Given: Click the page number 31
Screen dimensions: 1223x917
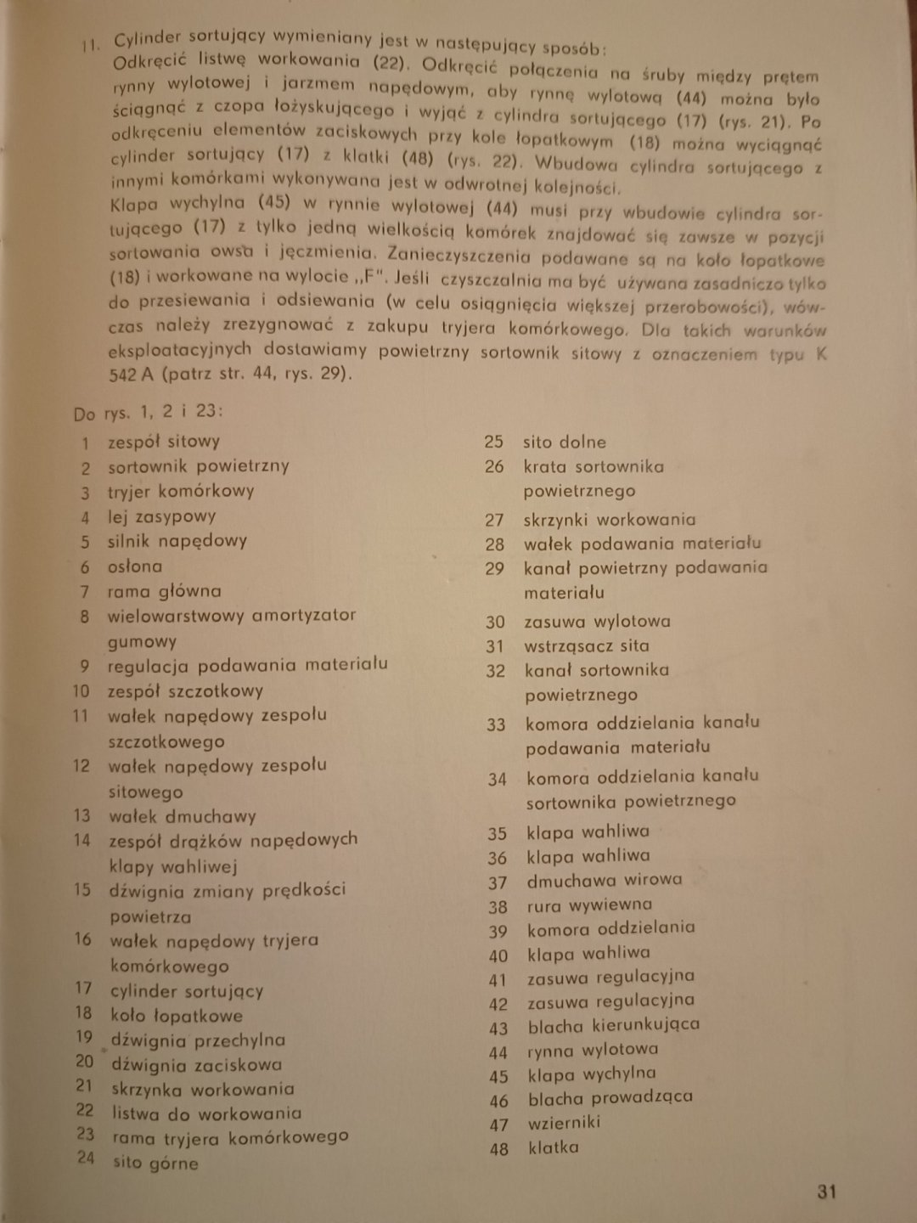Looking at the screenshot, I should tap(827, 1191).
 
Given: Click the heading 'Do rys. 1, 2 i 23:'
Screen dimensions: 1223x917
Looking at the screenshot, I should tap(148, 413).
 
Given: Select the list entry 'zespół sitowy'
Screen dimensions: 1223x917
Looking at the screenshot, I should tap(163, 441).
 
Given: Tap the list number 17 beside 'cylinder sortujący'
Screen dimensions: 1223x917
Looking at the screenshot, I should tap(82, 988).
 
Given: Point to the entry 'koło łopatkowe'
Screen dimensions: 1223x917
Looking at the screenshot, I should tap(177, 1015).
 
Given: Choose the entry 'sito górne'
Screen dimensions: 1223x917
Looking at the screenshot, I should tap(155, 1163).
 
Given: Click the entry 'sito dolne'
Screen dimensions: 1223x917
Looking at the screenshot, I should tap(565, 442).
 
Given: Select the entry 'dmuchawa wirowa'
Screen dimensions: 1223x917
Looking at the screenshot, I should tap(604, 881).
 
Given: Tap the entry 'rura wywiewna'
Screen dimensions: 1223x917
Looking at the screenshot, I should tap(589, 905).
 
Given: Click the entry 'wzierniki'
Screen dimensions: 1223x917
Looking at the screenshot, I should tap(564, 1123).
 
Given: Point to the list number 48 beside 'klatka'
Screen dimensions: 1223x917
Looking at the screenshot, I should tap(498, 1149).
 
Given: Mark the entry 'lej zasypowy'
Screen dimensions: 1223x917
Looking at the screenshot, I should tap(161, 516).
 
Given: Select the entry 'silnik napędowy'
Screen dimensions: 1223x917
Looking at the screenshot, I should tap(177, 541).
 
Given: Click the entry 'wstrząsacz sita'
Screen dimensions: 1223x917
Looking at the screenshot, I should tap(587, 646).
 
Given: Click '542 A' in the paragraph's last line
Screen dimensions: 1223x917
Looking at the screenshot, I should tap(131, 375).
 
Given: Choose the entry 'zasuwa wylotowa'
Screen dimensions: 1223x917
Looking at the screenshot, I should tap(597, 622).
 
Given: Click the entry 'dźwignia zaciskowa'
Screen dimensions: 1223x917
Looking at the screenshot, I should tap(196, 1065).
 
